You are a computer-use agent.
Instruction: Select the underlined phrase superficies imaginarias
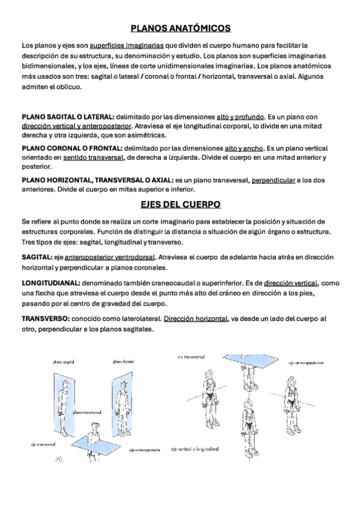point(127,45)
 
